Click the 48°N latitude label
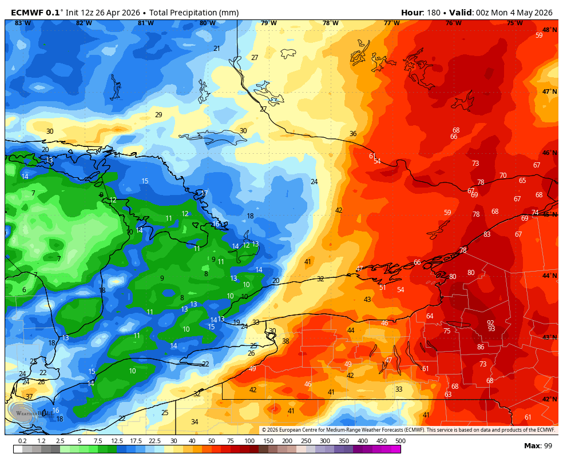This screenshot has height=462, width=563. pyautogui.click(x=549, y=30)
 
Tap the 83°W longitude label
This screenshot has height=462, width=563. pyautogui.click(x=23, y=23)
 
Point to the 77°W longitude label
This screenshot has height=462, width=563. pyautogui.click(x=391, y=23)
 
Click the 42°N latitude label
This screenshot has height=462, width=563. pyautogui.click(x=549, y=399)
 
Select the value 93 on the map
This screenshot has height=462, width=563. pyautogui.click(x=491, y=329)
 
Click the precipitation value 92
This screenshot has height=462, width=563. pyautogui.click(x=490, y=322)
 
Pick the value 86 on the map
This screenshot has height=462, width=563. pyautogui.click(x=481, y=347)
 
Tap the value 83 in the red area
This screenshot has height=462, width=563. pyautogui.click(x=487, y=234)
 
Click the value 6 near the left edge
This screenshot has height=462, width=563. pyautogui.click(x=24, y=290)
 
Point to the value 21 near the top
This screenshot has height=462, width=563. pyautogui.click(x=217, y=49)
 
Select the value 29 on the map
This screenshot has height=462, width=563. pyautogui.click(x=158, y=115)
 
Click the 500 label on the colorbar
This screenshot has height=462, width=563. pyautogui.click(x=400, y=441)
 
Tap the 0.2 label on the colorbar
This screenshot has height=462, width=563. pyautogui.click(x=22, y=441)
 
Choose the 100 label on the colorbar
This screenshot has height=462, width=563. pyautogui.click(x=249, y=441)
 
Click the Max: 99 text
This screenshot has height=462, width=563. pyautogui.click(x=538, y=446)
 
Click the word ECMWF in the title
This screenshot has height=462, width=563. pyautogui.click(x=26, y=13)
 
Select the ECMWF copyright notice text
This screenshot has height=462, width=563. pyautogui.click(x=409, y=430)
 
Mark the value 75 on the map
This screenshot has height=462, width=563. pyautogui.click(x=447, y=331)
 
